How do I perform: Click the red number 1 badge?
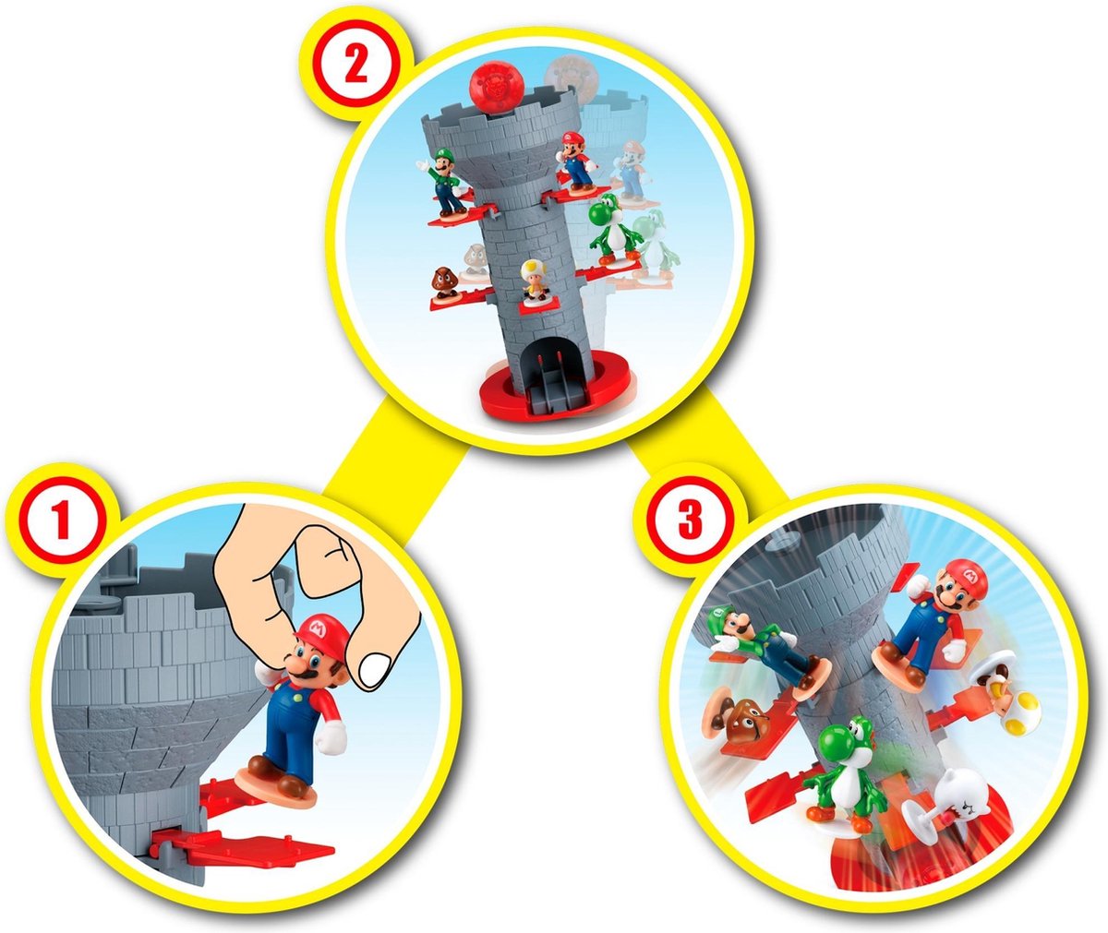[x=61, y=523]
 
